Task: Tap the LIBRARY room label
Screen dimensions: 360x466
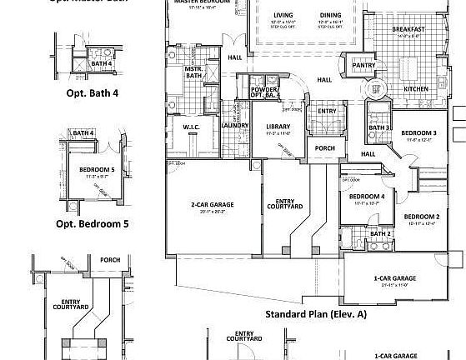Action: pos(278,127)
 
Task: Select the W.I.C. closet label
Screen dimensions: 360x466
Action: pos(190,127)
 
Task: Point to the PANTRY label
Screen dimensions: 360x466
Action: pos(363,64)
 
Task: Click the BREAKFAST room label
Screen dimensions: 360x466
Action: pos(408,30)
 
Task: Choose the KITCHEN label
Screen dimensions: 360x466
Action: pos(416,88)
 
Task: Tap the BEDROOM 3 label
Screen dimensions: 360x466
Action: pos(418,133)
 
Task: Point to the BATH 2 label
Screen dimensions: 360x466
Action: pos(380,234)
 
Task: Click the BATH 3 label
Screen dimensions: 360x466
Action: pos(380,127)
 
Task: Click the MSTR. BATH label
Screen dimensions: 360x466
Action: pos(194,73)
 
